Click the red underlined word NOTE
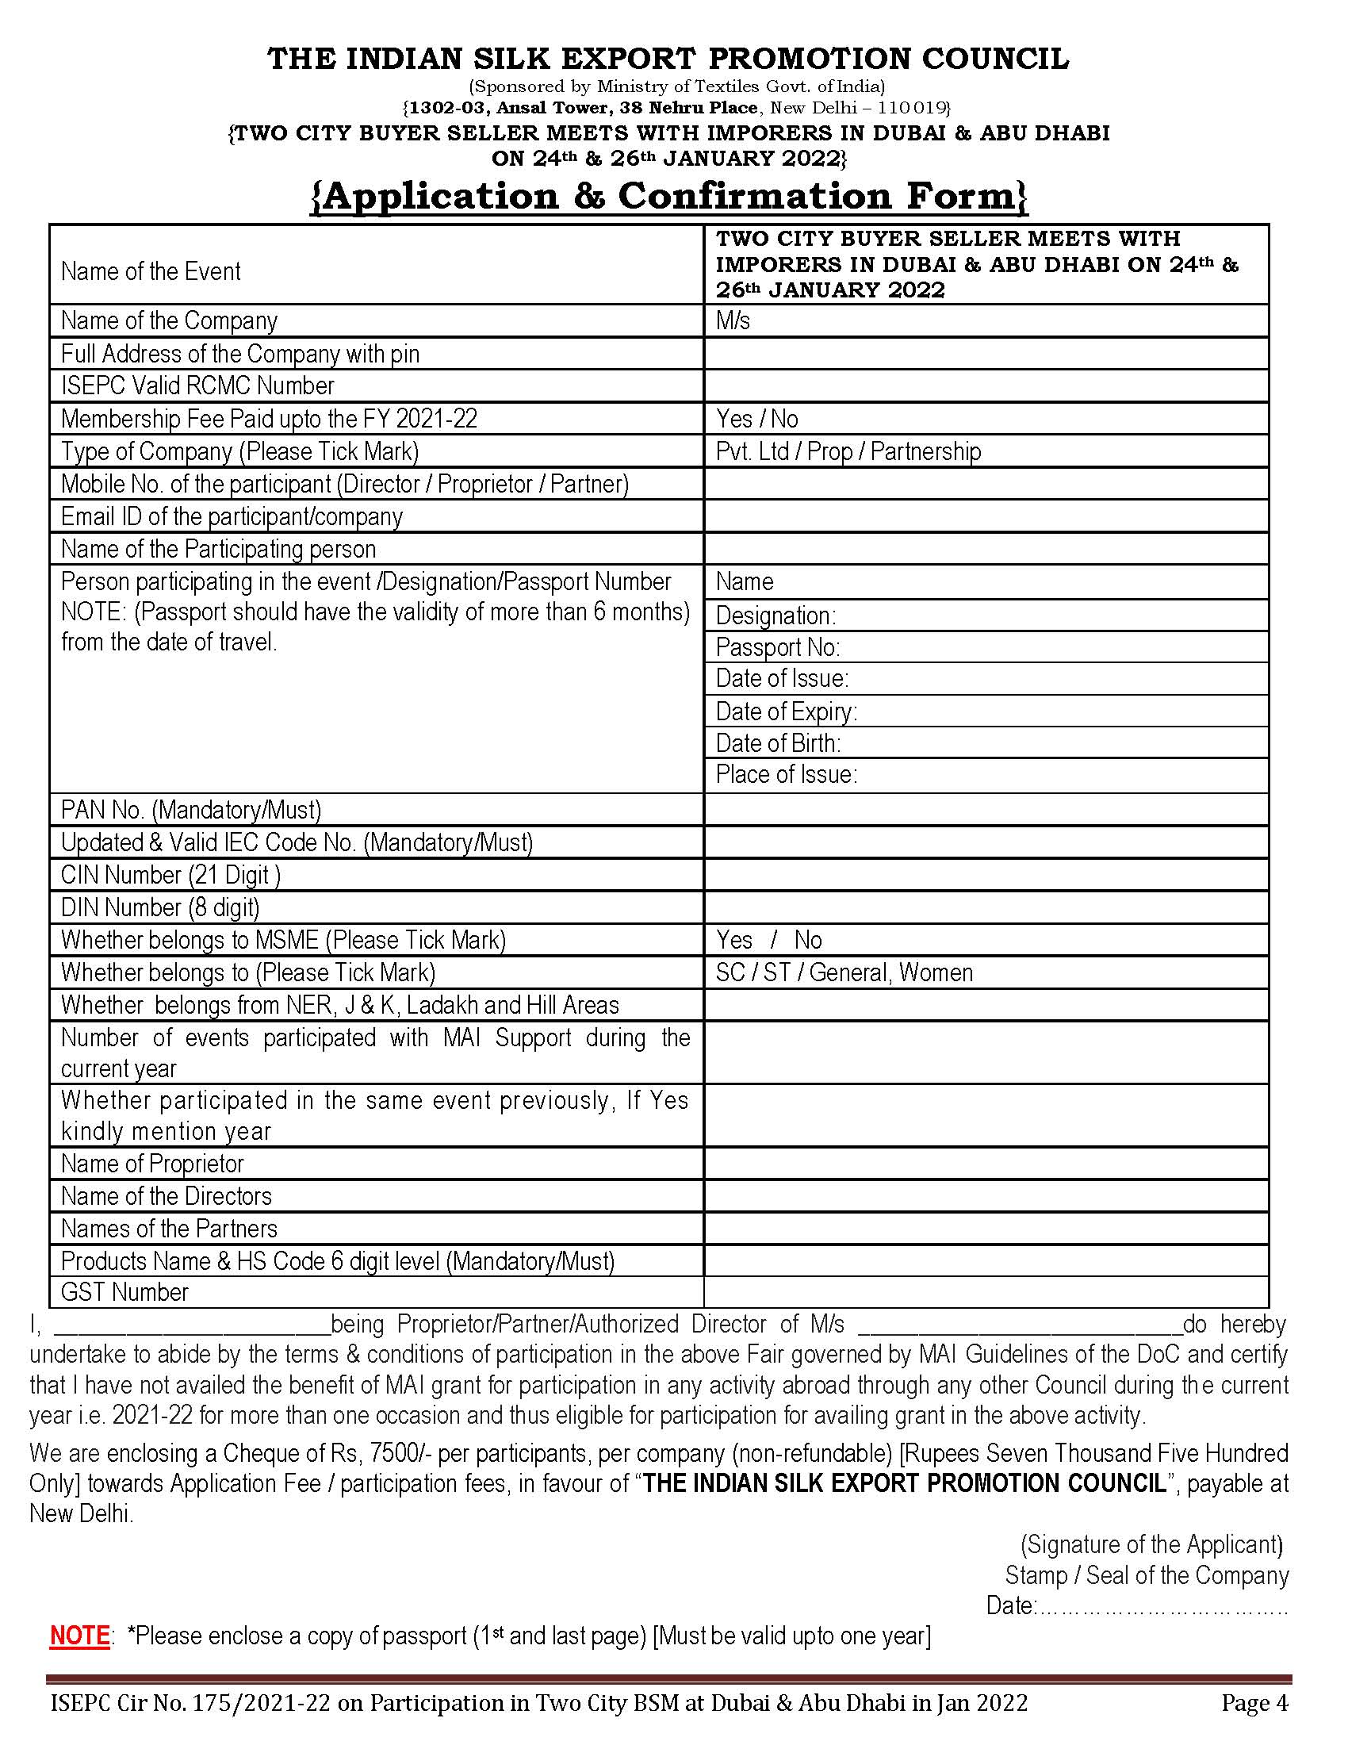pyautogui.click(x=79, y=1636)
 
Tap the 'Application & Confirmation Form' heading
pyautogui.click(x=669, y=197)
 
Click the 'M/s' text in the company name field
pyautogui.click(x=733, y=320)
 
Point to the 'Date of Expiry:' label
pyautogui.click(x=786, y=711)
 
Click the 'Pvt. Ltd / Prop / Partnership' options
pyautogui.click(x=848, y=451)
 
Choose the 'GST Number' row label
pyautogui.click(x=124, y=1292)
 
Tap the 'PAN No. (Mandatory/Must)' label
pyautogui.click(x=191, y=809)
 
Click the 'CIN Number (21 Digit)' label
pyautogui.click(x=171, y=875)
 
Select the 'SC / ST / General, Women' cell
pyautogui.click(x=844, y=972)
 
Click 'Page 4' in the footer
pyautogui.click(x=1254, y=1703)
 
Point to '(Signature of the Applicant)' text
pyautogui.click(x=1151, y=1544)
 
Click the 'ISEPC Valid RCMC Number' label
pyautogui.click(x=197, y=385)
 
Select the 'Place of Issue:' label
pyautogui.click(x=786, y=774)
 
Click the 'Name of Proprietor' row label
pyautogui.click(x=151, y=1164)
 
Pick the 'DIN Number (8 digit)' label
pyautogui.click(x=159, y=907)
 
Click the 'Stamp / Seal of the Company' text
pyautogui.click(x=1147, y=1574)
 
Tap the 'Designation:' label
pyautogui.click(x=775, y=616)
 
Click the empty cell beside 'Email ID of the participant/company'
pyautogui.click(x=986, y=516)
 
